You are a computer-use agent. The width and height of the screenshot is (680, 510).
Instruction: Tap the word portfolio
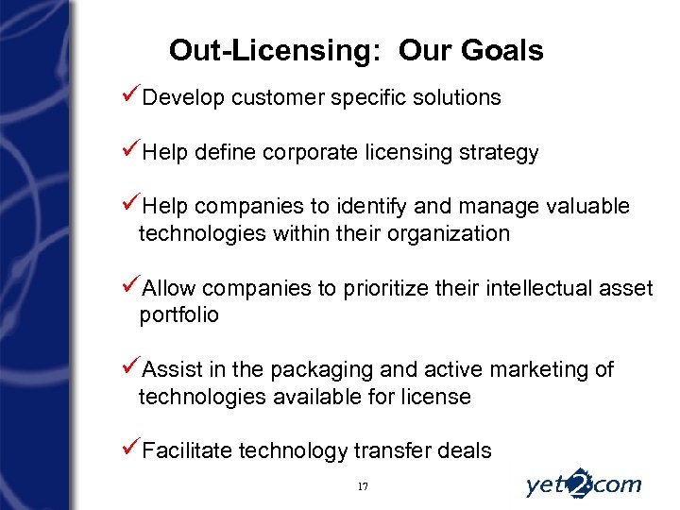(178, 315)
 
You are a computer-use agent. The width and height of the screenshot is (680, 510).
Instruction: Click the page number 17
(363, 485)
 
